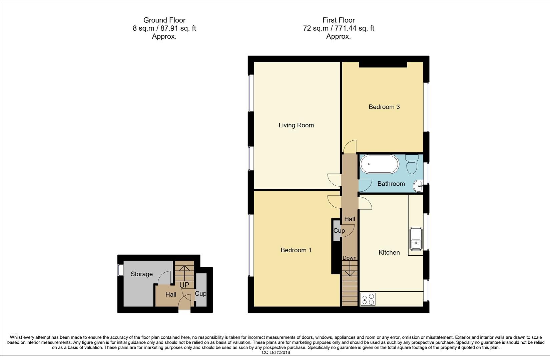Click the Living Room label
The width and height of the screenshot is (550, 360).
(296, 125)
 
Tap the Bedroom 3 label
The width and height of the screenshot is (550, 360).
(384, 107)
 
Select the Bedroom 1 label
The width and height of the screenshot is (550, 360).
(296, 250)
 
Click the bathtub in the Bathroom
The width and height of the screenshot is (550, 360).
(379, 164)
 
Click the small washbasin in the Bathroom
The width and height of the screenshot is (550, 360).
(418, 187)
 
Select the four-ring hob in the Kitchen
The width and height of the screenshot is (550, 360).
(368, 299)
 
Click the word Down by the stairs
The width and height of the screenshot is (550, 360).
(349, 258)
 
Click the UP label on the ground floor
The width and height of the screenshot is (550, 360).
(184, 285)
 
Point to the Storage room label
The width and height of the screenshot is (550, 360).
(141, 274)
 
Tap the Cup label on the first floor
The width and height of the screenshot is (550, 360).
(339, 231)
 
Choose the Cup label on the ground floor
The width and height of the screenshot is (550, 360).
(200, 294)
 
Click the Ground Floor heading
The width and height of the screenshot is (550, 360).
(164, 20)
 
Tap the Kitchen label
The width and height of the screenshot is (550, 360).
(389, 253)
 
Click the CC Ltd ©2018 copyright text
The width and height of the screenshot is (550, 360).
(276, 352)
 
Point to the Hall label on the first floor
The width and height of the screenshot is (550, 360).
(350, 219)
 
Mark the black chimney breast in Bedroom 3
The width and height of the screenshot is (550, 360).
(383, 64)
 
